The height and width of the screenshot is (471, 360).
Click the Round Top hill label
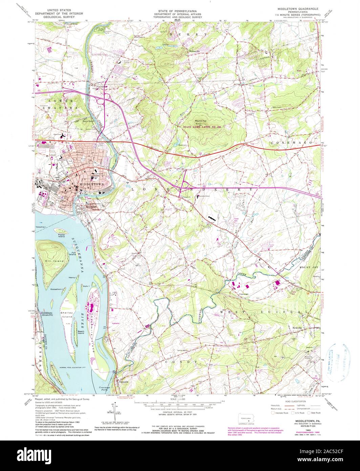pos(200,120)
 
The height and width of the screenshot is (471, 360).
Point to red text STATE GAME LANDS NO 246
pos(204,127)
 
